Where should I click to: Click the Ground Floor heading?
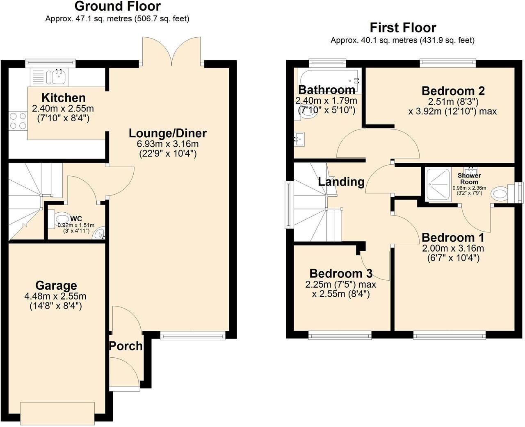117,7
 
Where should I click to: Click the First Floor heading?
403,28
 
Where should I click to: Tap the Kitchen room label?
64,98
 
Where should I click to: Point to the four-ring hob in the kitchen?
18,121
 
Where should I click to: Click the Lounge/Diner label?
167,133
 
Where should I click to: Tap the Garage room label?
56,286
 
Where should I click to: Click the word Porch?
126,346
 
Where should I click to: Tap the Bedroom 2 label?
453,91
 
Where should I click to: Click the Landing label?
341,182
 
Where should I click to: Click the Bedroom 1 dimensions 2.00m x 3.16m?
453,248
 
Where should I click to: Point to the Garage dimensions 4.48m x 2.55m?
56,296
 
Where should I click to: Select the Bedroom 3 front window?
340,336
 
